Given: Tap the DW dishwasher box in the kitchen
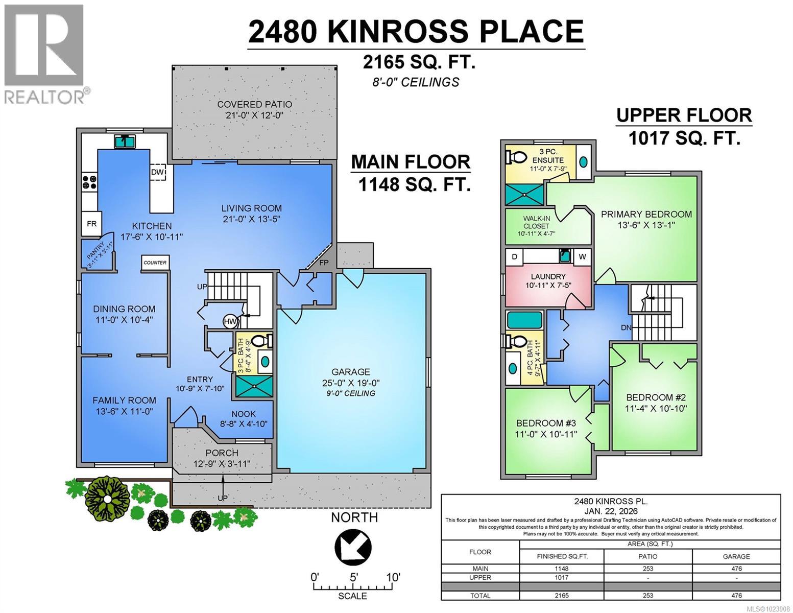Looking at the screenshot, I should click(157, 173).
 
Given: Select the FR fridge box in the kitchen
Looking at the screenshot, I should click(92, 224).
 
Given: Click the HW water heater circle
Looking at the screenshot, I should click(230, 321).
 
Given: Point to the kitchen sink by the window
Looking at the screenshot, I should click(125, 141).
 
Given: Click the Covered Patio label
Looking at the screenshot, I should click(254, 105).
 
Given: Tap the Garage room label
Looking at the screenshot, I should click(350, 372).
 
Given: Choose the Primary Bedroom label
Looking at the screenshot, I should click(646, 215).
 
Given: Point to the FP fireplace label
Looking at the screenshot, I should click(324, 263).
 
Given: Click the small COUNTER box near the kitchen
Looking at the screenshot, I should click(155, 263).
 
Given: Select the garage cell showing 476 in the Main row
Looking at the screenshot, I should click(736, 569).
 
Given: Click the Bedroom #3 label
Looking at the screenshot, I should click(546, 423).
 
